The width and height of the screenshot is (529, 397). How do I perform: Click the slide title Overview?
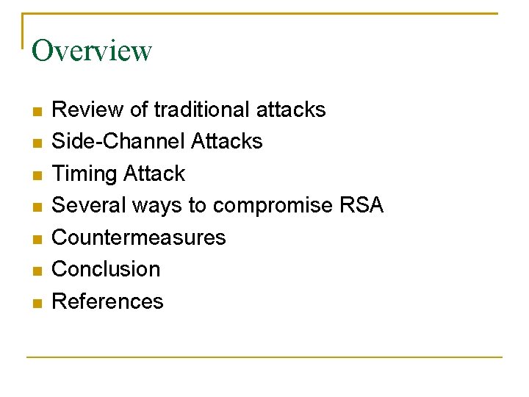click(x=92, y=51)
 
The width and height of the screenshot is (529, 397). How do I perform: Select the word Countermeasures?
click(x=139, y=237)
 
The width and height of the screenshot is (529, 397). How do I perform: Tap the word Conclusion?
click(x=106, y=269)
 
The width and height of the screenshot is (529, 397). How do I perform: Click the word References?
click(x=107, y=301)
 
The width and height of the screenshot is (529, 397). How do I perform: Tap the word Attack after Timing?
click(x=155, y=174)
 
